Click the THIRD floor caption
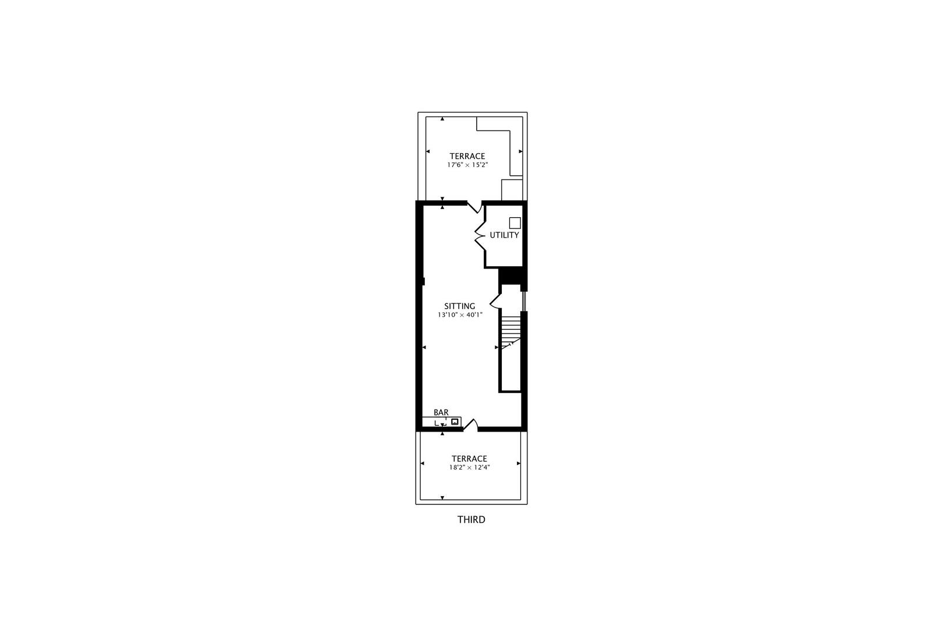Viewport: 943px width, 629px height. pyautogui.click(x=471, y=520)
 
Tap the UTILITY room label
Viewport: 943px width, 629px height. pyautogui.click(x=504, y=235)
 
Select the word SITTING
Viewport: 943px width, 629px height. pyautogui.click(x=460, y=306)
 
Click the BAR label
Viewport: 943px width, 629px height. pyautogui.click(x=441, y=412)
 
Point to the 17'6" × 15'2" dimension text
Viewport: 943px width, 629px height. pyautogui.click(x=467, y=165)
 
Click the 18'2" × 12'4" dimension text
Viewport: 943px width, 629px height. pyautogui.click(x=469, y=468)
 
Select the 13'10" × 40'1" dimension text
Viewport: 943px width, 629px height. pyautogui.click(x=460, y=315)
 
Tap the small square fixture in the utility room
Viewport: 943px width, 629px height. pyautogui.click(x=515, y=222)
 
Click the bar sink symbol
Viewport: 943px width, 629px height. pyautogui.click(x=455, y=421)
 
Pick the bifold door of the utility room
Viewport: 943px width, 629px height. pyautogui.click(x=480, y=235)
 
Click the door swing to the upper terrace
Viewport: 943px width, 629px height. pyautogui.click(x=475, y=207)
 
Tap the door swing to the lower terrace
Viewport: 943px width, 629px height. pyautogui.click(x=470, y=425)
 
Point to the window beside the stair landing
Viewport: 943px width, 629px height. pyautogui.click(x=524, y=301)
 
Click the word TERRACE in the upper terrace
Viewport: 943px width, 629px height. pyautogui.click(x=467, y=156)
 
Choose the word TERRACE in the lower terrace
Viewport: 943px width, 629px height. pyautogui.click(x=469, y=459)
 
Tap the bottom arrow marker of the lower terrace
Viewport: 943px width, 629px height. pyautogui.click(x=442, y=498)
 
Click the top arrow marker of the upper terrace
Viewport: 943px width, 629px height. pyautogui.click(x=442, y=119)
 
